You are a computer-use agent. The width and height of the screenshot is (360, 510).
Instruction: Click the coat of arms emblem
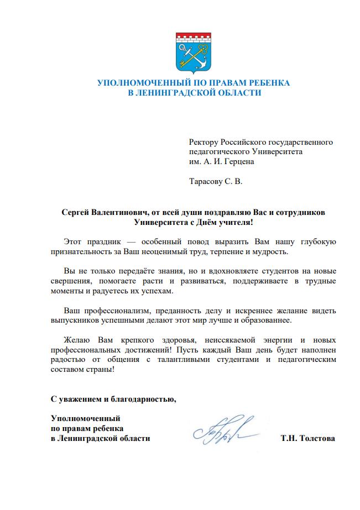click(194, 53)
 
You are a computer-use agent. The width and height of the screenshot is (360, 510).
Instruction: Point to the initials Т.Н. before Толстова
click(288, 439)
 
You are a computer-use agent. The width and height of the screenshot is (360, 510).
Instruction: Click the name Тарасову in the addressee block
click(206, 181)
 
